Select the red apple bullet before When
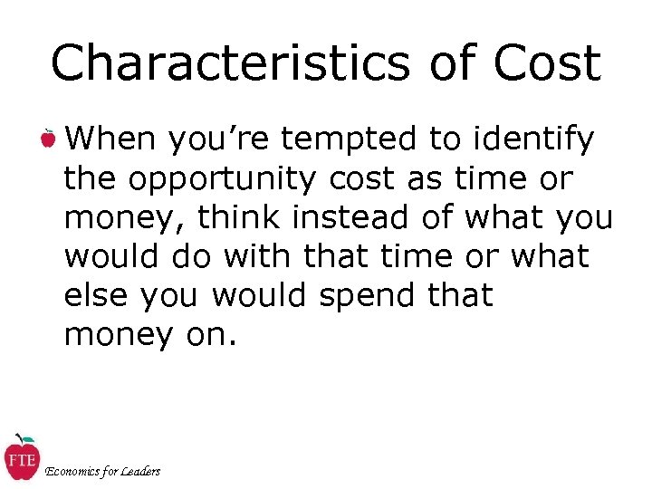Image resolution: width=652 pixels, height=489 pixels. pos(48,139)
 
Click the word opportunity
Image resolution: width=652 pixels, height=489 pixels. pos(222,180)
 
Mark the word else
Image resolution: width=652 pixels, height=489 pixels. pos(91,295)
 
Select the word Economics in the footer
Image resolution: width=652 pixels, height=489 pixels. pos(75,471)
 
